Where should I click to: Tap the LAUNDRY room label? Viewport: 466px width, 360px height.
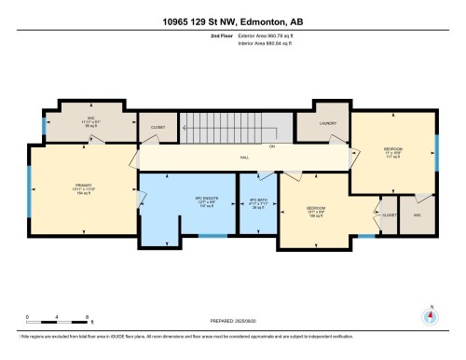(x=327, y=123)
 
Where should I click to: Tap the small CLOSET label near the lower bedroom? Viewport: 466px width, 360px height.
(x=388, y=215)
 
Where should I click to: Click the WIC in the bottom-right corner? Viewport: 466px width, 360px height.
(x=417, y=215)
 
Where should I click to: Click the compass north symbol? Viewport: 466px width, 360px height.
(x=430, y=315)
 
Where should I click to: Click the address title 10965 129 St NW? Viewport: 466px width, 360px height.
(x=232, y=18)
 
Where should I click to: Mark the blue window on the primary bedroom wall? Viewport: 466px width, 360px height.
(x=29, y=186)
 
